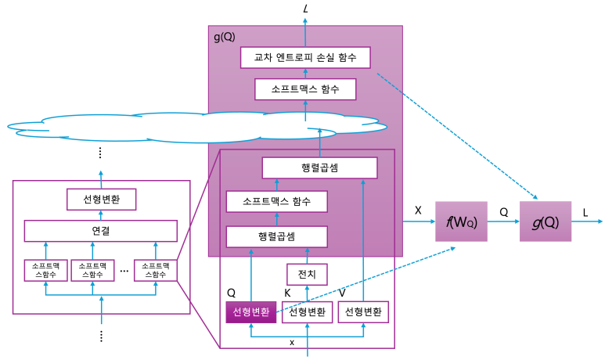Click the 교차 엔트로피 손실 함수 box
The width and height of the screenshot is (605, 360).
click(305, 57)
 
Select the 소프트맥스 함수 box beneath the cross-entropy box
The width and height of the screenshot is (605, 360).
click(305, 89)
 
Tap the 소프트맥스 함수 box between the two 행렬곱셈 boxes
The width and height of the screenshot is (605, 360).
click(276, 202)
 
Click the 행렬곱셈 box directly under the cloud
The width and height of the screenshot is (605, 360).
click(319, 167)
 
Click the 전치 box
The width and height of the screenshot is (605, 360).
click(307, 274)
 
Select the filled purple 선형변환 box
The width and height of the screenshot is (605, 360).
click(250, 311)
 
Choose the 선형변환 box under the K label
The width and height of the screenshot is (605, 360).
click(307, 311)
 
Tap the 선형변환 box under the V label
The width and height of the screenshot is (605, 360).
click(363, 311)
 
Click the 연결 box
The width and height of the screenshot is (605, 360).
click(100, 231)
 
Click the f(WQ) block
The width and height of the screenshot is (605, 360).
click(461, 221)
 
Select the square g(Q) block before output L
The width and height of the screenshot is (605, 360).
click(546, 221)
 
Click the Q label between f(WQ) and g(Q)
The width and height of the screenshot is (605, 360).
click(503, 211)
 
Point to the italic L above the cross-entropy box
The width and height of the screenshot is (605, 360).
click(306, 9)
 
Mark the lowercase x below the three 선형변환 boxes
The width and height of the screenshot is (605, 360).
click(292, 342)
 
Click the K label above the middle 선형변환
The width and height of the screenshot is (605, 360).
click(287, 293)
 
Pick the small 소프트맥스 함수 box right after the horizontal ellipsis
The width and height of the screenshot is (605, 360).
click(155, 270)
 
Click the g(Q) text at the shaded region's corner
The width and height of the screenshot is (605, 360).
click(224, 37)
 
